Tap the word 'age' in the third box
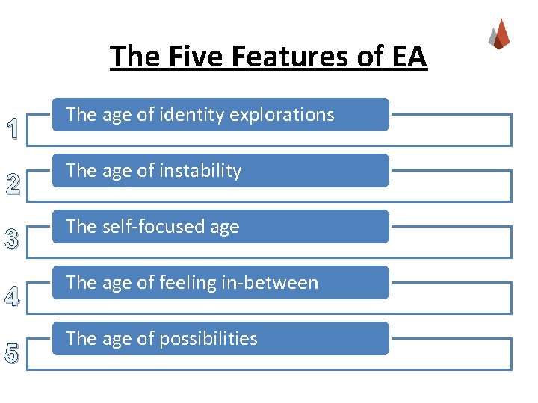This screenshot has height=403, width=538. pos(223,228)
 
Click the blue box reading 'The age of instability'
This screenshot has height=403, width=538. pos(220,171)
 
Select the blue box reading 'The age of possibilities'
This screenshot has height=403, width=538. pos(220,339)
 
